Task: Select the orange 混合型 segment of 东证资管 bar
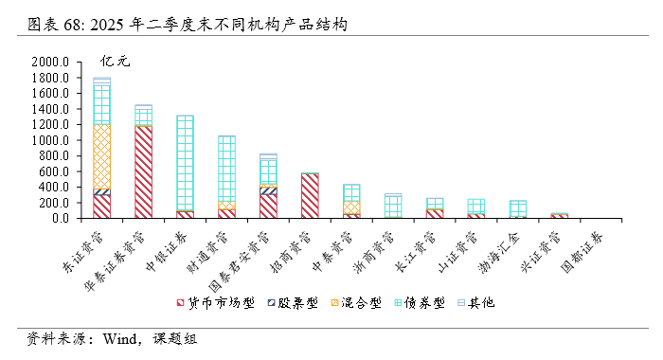tap(102, 156)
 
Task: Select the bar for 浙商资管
tap(393, 207)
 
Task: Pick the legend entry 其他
tap(473, 303)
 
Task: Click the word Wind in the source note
tap(120, 338)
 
